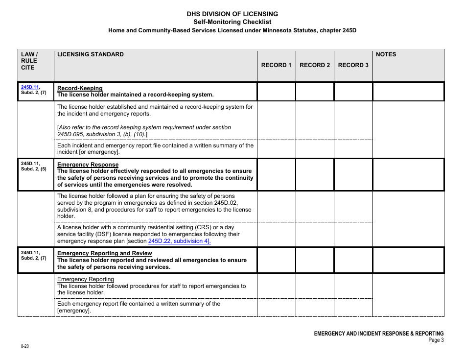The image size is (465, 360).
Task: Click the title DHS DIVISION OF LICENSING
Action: point(232,14)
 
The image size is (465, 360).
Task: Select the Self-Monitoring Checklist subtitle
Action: point(232,22)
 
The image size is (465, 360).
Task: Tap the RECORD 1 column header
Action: point(276,65)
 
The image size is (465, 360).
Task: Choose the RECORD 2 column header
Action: point(315,65)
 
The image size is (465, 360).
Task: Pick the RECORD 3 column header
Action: point(353,65)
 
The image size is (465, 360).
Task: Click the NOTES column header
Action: point(386,54)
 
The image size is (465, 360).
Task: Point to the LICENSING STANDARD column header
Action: point(91,54)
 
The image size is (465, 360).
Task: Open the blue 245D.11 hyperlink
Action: point(29,87)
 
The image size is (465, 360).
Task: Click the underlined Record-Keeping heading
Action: point(80,88)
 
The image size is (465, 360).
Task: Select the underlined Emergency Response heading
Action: point(88,165)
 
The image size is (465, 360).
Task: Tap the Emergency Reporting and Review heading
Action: point(105,253)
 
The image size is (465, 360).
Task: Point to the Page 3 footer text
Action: point(436,340)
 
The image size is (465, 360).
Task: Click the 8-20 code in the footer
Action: point(24,346)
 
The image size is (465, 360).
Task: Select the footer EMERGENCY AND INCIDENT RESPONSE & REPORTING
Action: point(378,333)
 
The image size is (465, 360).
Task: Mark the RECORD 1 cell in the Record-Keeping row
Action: point(276,92)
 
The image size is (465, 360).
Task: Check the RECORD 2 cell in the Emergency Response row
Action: point(315,175)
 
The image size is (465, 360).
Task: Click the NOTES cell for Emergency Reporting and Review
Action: point(408,260)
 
